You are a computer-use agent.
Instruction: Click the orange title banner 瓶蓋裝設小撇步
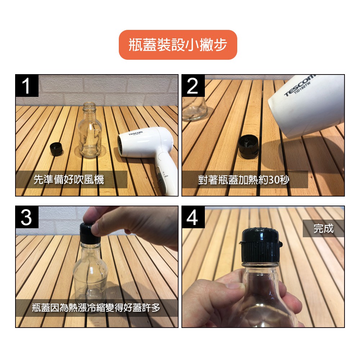click(178, 45)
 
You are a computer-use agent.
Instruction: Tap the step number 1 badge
click(27, 86)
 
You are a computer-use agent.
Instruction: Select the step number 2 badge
click(193, 86)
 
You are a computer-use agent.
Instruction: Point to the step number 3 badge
click(27, 217)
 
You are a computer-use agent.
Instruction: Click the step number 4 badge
click(193, 217)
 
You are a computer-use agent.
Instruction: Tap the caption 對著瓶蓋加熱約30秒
click(244, 180)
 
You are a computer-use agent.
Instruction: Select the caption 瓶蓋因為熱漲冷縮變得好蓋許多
click(96, 308)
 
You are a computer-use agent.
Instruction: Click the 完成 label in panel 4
click(324, 229)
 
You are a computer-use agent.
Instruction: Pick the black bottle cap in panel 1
click(56, 149)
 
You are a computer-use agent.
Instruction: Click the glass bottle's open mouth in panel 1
click(89, 104)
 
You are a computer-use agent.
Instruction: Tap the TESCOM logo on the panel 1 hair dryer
click(135, 133)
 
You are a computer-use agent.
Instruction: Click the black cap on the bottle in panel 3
click(90, 233)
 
